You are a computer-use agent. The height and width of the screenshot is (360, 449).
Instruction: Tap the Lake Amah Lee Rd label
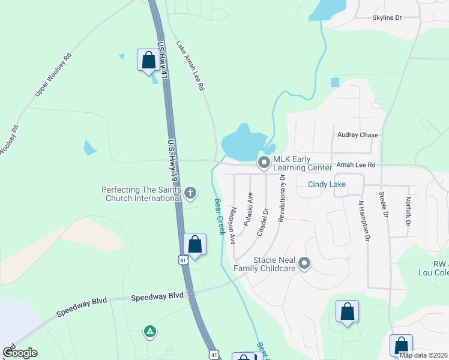point(190,65)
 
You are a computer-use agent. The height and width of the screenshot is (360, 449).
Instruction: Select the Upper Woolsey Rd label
point(53,74)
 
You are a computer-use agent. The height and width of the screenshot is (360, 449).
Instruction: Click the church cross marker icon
point(190,193)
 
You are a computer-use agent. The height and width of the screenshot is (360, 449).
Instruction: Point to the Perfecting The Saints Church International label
point(142,194)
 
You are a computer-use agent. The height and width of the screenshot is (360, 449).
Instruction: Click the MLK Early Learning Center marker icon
point(264,163)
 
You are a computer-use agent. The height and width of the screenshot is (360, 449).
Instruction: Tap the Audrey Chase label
point(358,135)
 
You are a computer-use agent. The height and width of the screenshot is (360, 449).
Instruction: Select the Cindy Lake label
point(327,184)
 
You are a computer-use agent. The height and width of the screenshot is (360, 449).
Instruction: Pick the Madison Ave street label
point(231,225)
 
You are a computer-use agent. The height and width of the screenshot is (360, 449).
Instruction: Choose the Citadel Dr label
point(261,222)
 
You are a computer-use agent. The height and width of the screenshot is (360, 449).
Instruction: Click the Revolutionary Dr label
point(281,195)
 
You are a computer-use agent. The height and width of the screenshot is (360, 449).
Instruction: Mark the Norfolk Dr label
point(409,211)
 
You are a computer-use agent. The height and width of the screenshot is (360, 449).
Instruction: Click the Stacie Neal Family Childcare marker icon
point(304,263)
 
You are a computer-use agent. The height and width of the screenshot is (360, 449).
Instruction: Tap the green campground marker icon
point(150,331)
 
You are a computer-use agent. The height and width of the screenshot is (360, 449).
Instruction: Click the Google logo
point(20,353)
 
